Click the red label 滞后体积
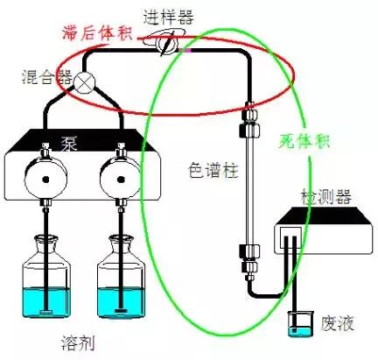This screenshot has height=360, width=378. tap(97, 32)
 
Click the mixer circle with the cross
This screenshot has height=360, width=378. tap(85, 84)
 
